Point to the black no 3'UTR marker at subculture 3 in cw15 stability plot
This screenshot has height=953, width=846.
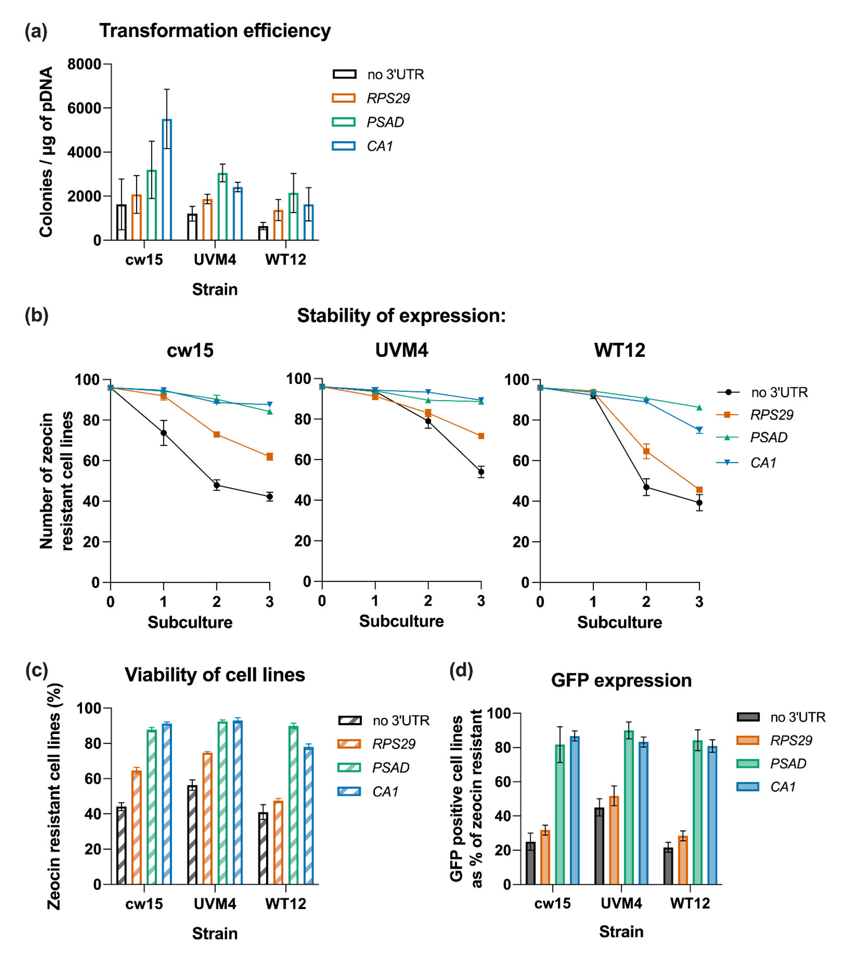(x=269, y=497)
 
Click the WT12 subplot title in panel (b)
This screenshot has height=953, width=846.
(x=619, y=350)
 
